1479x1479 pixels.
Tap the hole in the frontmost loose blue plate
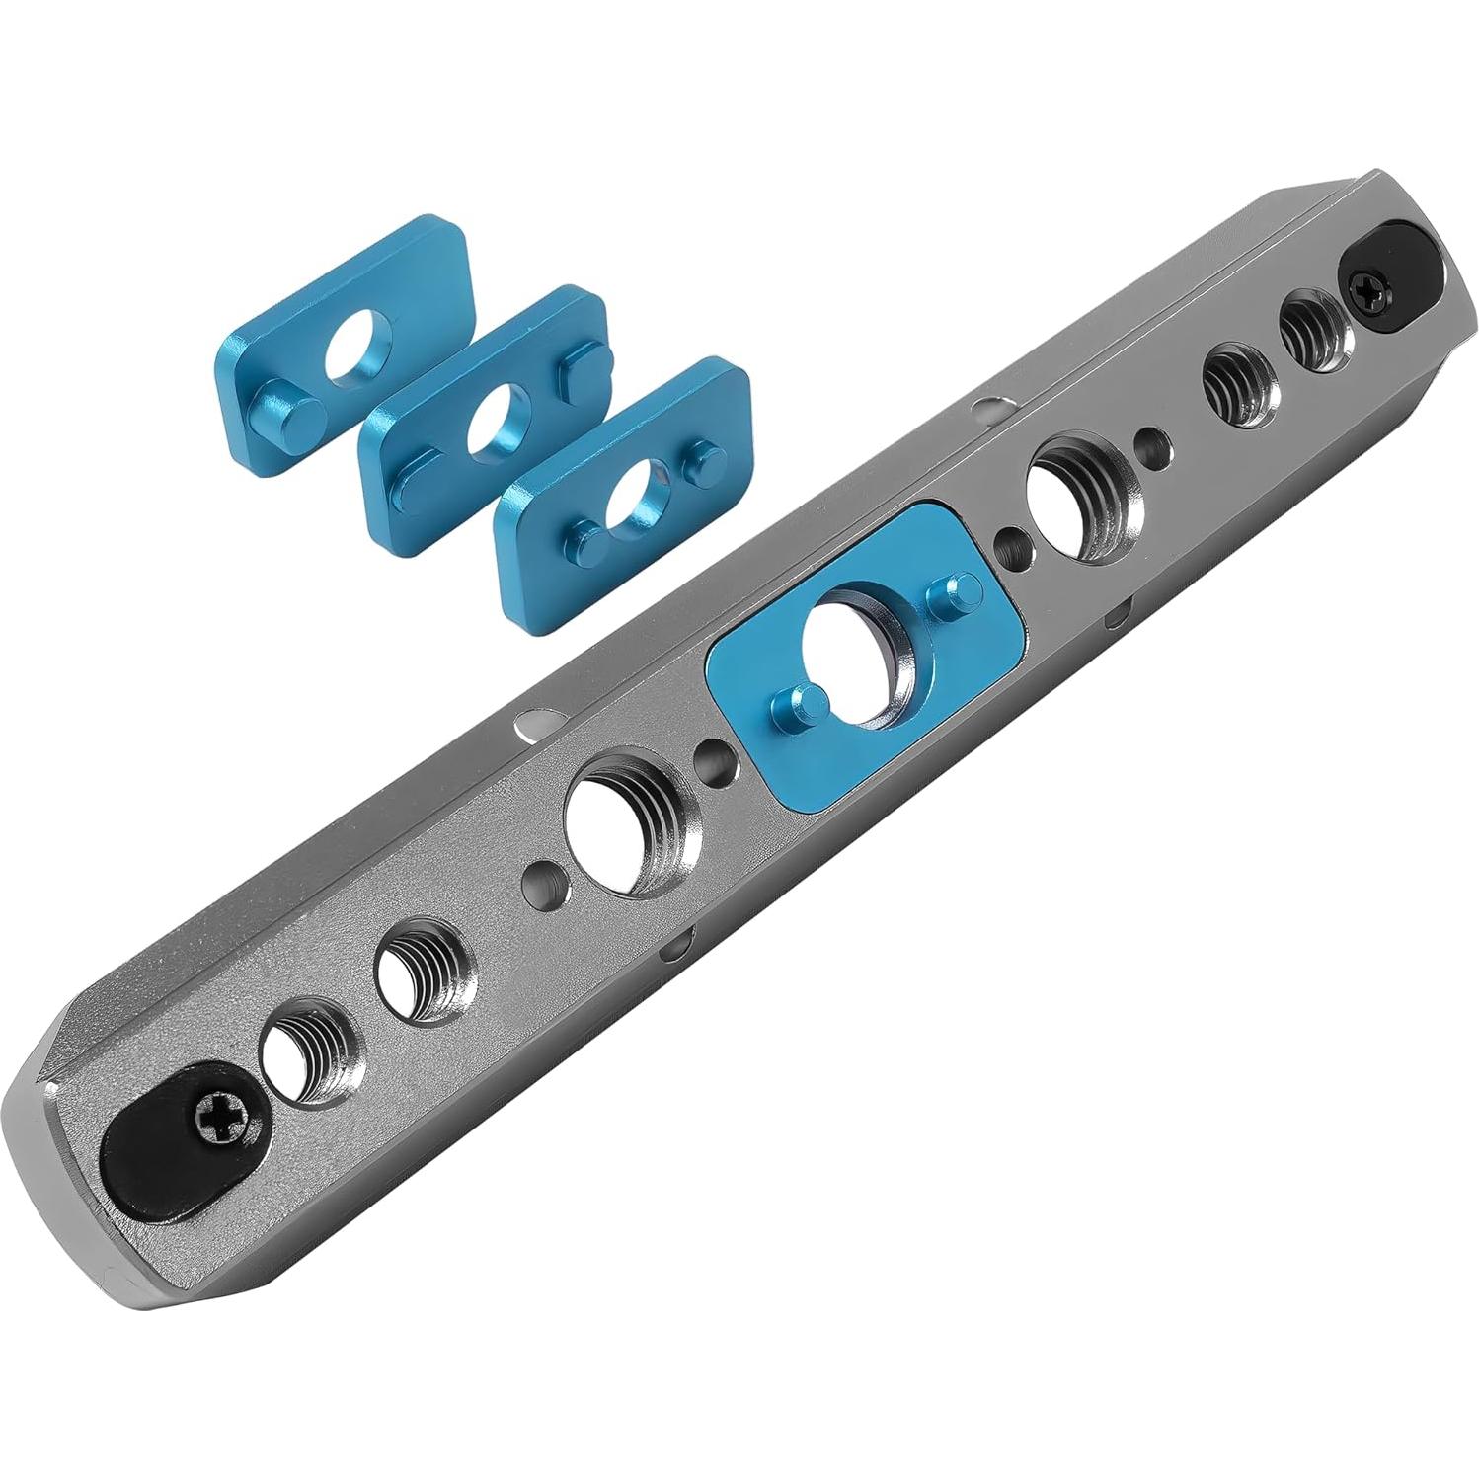point(636,497)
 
